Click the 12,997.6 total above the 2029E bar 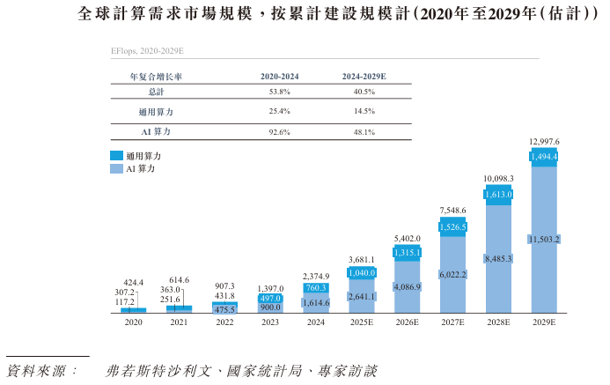(544, 142)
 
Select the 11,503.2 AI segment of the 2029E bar (544, 240)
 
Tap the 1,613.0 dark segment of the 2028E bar (498, 194)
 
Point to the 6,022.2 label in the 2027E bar (452, 274)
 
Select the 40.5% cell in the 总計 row (364, 92)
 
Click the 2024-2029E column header (364, 77)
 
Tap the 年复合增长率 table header (157, 77)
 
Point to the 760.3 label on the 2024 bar (316, 287)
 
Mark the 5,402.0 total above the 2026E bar (407, 239)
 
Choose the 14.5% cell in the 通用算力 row (364, 112)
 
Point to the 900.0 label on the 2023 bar (270, 307)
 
